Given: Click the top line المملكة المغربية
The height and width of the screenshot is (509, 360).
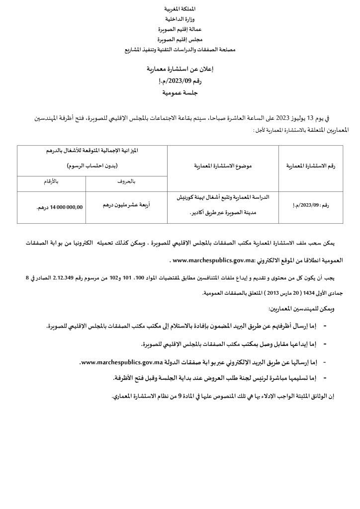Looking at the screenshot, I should tap(180, 10).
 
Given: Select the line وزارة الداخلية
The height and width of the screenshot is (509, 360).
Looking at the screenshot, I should tap(180, 18).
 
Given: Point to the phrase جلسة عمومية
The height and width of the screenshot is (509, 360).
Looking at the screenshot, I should tap(180, 92).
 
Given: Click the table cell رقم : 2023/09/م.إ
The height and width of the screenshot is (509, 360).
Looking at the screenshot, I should tap(311, 204).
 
